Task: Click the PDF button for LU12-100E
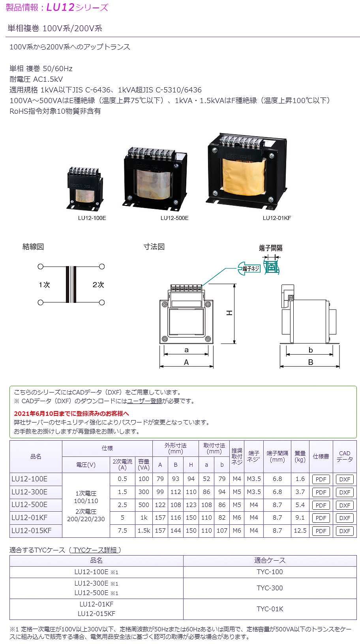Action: pyautogui.click(x=321, y=479)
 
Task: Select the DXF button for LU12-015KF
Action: pyautogui.click(x=345, y=531)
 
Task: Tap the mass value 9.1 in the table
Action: pyautogui.click(x=300, y=518)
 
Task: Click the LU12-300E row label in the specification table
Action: pyautogui.click(x=30, y=492)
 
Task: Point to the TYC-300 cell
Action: pyautogui.click(x=270, y=588)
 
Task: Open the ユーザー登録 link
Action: pyautogui.click(x=144, y=401)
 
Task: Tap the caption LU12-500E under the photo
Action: pyautogui.click(x=174, y=218)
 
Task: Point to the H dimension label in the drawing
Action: pyautogui.click(x=229, y=313)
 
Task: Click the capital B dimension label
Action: pyautogui.click(x=311, y=362)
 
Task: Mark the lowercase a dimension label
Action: pyautogui.click(x=186, y=350)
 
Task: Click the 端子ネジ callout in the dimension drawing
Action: pyautogui.click(x=250, y=268)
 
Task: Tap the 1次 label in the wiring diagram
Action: pyautogui.click(x=44, y=285)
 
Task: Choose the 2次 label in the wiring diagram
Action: pyautogui.click(x=98, y=285)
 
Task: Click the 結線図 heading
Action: pyautogui.click(x=33, y=247)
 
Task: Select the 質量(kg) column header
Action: pyautogui.click(x=300, y=456)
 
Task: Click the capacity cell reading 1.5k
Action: pyautogui.click(x=144, y=531)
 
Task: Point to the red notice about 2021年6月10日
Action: pyautogui.click(x=71, y=413)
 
